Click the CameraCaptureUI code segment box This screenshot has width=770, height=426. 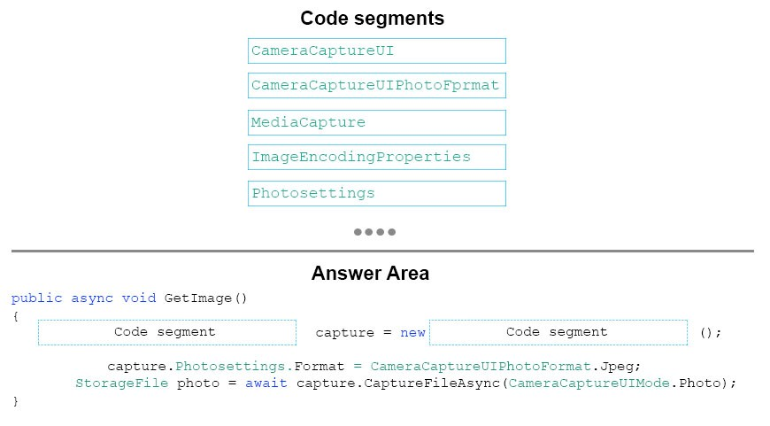[x=377, y=51]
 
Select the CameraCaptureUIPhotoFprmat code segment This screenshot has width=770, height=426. [x=377, y=86]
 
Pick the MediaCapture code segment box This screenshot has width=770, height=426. [x=377, y=122]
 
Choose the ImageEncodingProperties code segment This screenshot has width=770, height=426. [x=377, y=158]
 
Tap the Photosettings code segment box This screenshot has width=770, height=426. [x=377, y=194]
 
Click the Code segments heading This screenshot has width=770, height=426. [x=373, y=19]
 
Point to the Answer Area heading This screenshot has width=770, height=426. [x=370, y=273]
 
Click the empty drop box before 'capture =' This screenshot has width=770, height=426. [x=167, y=333]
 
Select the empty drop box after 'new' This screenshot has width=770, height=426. [x=558, y=333]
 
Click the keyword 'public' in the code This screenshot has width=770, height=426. [x=37, y=298]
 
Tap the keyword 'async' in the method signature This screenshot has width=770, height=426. [x=92, y=298]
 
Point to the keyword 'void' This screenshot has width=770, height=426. [x=139, y=298]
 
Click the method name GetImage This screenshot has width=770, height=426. [x=198, y=298]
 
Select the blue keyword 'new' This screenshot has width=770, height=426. [x=412, y=333]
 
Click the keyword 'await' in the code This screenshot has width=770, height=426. [x=266, y=383]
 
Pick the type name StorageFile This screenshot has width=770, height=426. [x=121, y=383]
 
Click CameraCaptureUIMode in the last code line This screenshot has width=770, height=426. [x=589, y=383]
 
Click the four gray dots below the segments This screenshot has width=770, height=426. [x=374, y=232]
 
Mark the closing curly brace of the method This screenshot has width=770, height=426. [x=15, y=401]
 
